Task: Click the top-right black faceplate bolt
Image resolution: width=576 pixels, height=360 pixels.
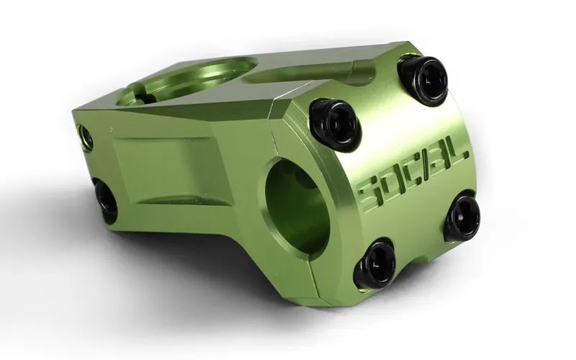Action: click(424, 78)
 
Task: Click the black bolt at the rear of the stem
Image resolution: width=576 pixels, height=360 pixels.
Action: click(105, 198)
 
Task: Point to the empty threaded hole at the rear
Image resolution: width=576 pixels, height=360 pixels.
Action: click(86, 136)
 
